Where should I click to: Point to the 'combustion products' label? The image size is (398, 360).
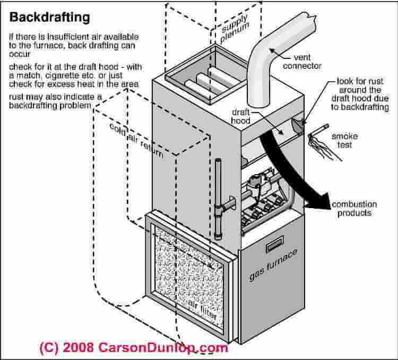coord(354,209)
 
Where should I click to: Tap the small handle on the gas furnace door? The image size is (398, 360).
coord(274,246)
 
